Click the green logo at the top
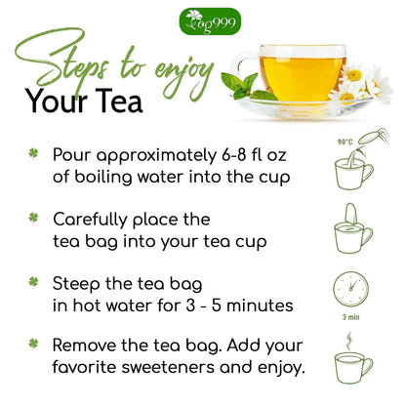point(203,20)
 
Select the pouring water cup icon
point(352,170)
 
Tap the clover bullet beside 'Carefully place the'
point(34,220)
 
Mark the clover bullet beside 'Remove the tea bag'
point(34,345)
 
